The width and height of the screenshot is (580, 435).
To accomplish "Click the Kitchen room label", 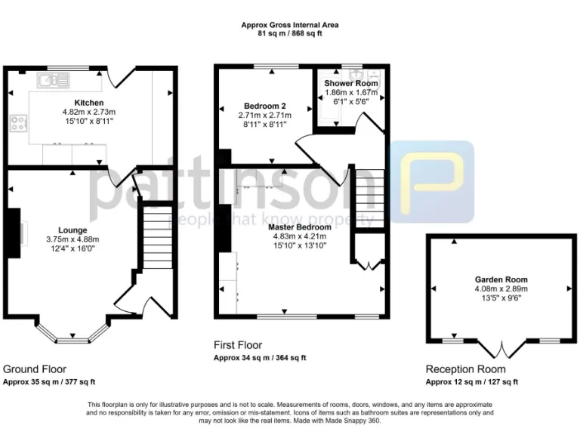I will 88,102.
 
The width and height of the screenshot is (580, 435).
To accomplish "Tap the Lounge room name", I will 72,230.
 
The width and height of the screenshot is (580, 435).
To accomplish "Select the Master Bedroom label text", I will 302,226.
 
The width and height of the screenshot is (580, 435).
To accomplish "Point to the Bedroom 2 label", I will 264,105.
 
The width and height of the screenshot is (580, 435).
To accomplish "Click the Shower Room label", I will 351,83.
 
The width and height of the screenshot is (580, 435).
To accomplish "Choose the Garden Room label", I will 501,279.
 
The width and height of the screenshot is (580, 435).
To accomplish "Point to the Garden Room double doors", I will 501,349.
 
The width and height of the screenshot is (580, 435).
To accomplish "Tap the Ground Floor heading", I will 35,369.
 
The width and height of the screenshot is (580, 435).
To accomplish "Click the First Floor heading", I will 239,345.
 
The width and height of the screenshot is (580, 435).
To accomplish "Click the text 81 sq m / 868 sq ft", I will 289,33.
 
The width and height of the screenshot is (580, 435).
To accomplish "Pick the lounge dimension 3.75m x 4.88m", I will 72,239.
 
